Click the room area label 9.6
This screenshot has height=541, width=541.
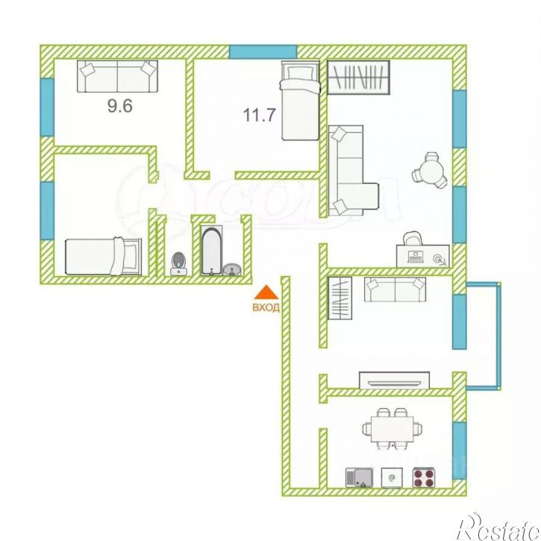(x=119, y=105)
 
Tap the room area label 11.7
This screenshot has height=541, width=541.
(x=260, y=115)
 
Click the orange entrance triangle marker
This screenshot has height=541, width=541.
(x=266, y=292)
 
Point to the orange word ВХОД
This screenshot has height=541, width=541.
(x=266, y=307)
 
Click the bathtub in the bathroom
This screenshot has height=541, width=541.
(x=211, y=251)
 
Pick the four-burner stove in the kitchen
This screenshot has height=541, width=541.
(x=424, y=478)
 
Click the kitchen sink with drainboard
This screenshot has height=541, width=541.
(x=359, y=478)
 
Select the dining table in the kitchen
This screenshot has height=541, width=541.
(x=393, y=429)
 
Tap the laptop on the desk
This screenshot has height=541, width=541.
(x=416, y=257)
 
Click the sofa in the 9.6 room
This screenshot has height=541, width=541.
(x=117, y=76)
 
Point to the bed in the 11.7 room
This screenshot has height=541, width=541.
(x=300, y=101)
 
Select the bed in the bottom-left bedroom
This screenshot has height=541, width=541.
(x=104, y=257)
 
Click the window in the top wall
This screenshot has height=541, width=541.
(x=263, y=51)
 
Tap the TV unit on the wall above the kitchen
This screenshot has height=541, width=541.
(x=394, y=381)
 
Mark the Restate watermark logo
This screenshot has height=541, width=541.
(x=498, y=527)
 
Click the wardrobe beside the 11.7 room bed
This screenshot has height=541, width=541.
(x=358, y=78)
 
